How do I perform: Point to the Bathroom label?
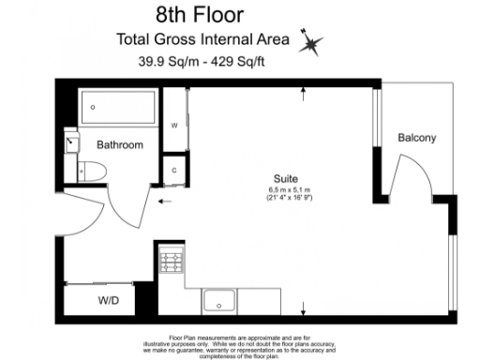pyautogui.click(x=120, y=145)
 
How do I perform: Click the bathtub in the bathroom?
pyautogui.click(x=120, y=111)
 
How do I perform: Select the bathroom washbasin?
pyautogui.click(x=72, y=143)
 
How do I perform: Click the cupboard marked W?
pyautogui.click(x=174, y=125)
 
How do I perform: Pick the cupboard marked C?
pyautogui.click(x=174, y=170)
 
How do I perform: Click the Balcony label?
pyautogui.click(x=417, y=138)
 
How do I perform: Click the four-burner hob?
pyautogui.click(x=171, y=260)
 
